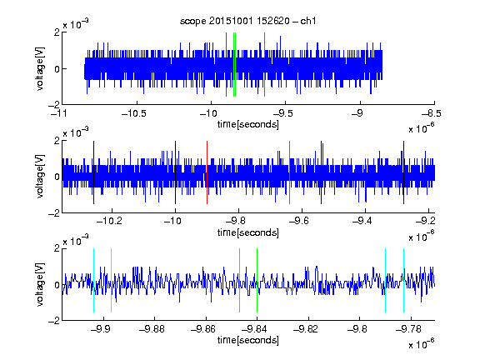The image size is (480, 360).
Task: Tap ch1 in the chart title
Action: [x=308, y=21]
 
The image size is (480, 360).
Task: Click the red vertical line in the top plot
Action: [x=226, y=65]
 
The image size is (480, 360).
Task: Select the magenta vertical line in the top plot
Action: [x=264, y=65]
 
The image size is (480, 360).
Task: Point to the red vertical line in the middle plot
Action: [x=207, y=172]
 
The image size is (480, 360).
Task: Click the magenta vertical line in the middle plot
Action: [x=290, y=172]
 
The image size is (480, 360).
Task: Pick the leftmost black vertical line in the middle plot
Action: [x=93, y=172]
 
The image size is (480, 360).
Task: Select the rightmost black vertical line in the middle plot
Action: [x=404, y=172]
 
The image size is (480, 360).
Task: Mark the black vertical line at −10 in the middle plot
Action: [x=175, y=172]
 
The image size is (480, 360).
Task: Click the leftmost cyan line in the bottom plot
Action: [x=93, y=280]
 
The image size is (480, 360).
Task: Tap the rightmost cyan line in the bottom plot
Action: [x=404, y=280]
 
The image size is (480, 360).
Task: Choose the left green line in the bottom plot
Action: [x=239, y=280]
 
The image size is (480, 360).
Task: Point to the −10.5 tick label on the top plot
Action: [x=134, y=113]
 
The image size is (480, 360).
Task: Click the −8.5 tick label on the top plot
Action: [x=432, y=113]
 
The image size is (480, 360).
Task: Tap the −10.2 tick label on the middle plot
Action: [x=109, y=221]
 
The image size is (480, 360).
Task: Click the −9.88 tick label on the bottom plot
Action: [x=152, y=329]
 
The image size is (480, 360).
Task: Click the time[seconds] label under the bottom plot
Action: [x=248, y=340]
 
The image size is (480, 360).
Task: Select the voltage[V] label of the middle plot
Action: [x=40, y=177]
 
